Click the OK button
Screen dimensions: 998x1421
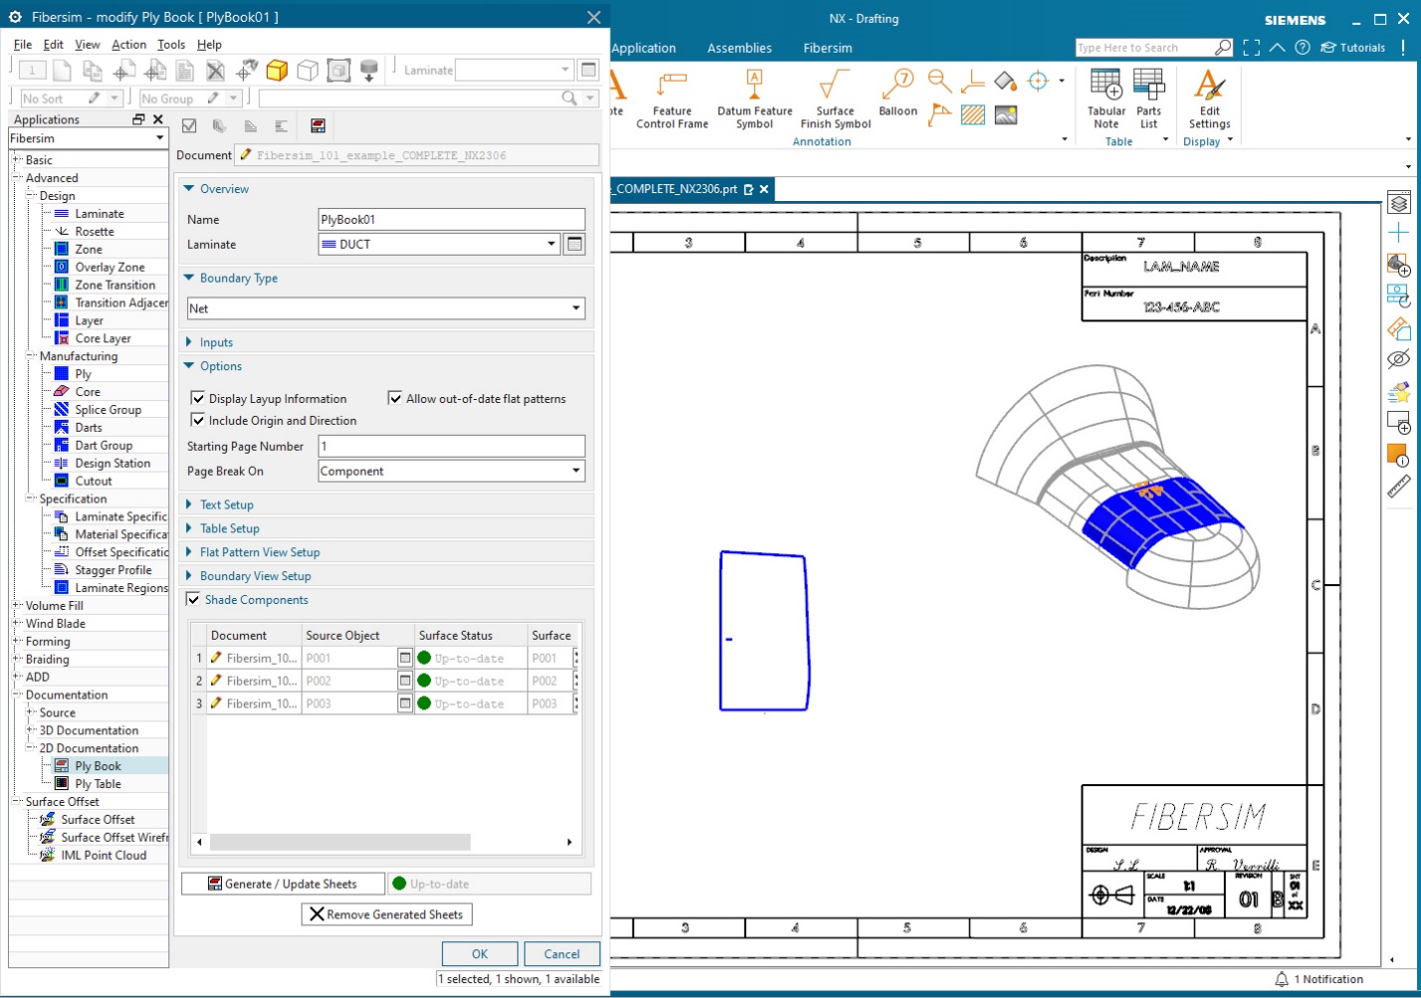click(480, 953)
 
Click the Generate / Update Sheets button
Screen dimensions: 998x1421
click(283, 884)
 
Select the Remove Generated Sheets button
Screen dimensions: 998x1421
click(386, 914)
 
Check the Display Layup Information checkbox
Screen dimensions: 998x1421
click(198, 398)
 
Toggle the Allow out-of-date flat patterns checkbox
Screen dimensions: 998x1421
click(395, 398)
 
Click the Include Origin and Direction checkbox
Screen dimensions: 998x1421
click(198, 420)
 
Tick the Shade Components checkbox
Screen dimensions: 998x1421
click(194, 600)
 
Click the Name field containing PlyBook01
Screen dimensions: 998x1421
click(451, 220)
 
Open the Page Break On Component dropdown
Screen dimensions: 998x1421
click(451, 472)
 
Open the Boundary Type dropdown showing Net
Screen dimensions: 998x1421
click(385, 308)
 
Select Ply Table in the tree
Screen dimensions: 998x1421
click(98, 784)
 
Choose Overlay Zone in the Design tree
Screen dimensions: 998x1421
click(109, 268)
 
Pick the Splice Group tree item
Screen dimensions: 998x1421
click(107, 410)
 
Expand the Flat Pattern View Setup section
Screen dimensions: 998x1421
click(260, 552)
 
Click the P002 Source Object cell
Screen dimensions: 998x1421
click(348, 682)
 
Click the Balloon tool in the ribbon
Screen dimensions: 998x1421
click(898, 95)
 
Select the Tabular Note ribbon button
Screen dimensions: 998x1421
click(1106, 99)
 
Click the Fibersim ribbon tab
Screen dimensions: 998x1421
click(827, 48)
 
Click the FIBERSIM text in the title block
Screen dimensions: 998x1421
click(1198, 817)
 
